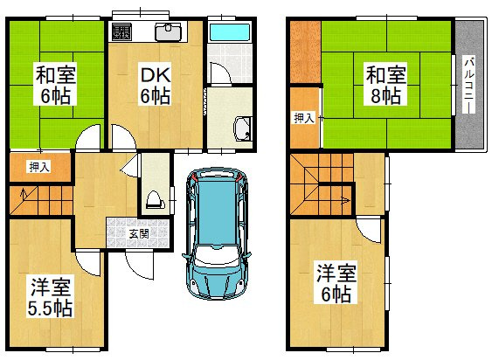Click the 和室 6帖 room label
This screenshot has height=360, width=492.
click(x=52, y=84)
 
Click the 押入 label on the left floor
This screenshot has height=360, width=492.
click(x=38, y=166)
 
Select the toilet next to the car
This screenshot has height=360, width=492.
click(x=155, y=199)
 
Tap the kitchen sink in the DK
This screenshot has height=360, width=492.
click(x=168, y=33)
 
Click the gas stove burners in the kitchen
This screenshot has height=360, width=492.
click(x=121, y=33)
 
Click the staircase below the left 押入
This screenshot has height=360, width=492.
click(x=40, y=200)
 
